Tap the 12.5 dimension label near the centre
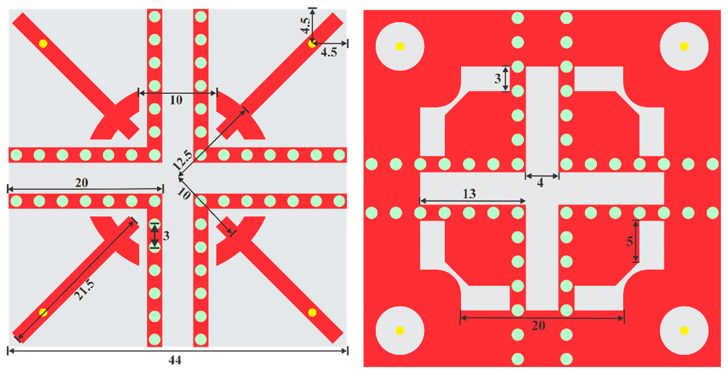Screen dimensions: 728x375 [x=182, y=160]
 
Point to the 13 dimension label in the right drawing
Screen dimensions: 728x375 [x=469, y=194]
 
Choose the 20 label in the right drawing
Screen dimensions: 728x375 [x=538, y=326]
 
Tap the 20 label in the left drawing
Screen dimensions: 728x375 [x=82, y=183]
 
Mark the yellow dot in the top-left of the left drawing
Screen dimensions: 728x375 [x=43, y=44]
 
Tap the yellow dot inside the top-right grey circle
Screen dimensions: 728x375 [x=684, y=46]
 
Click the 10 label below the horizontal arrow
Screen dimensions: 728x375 [x=176, y=100]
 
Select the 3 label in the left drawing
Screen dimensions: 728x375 [x=166, y=236]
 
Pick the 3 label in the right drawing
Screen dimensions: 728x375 [x=497, y=79]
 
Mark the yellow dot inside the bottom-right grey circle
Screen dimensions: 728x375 [x=684, y=330]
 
